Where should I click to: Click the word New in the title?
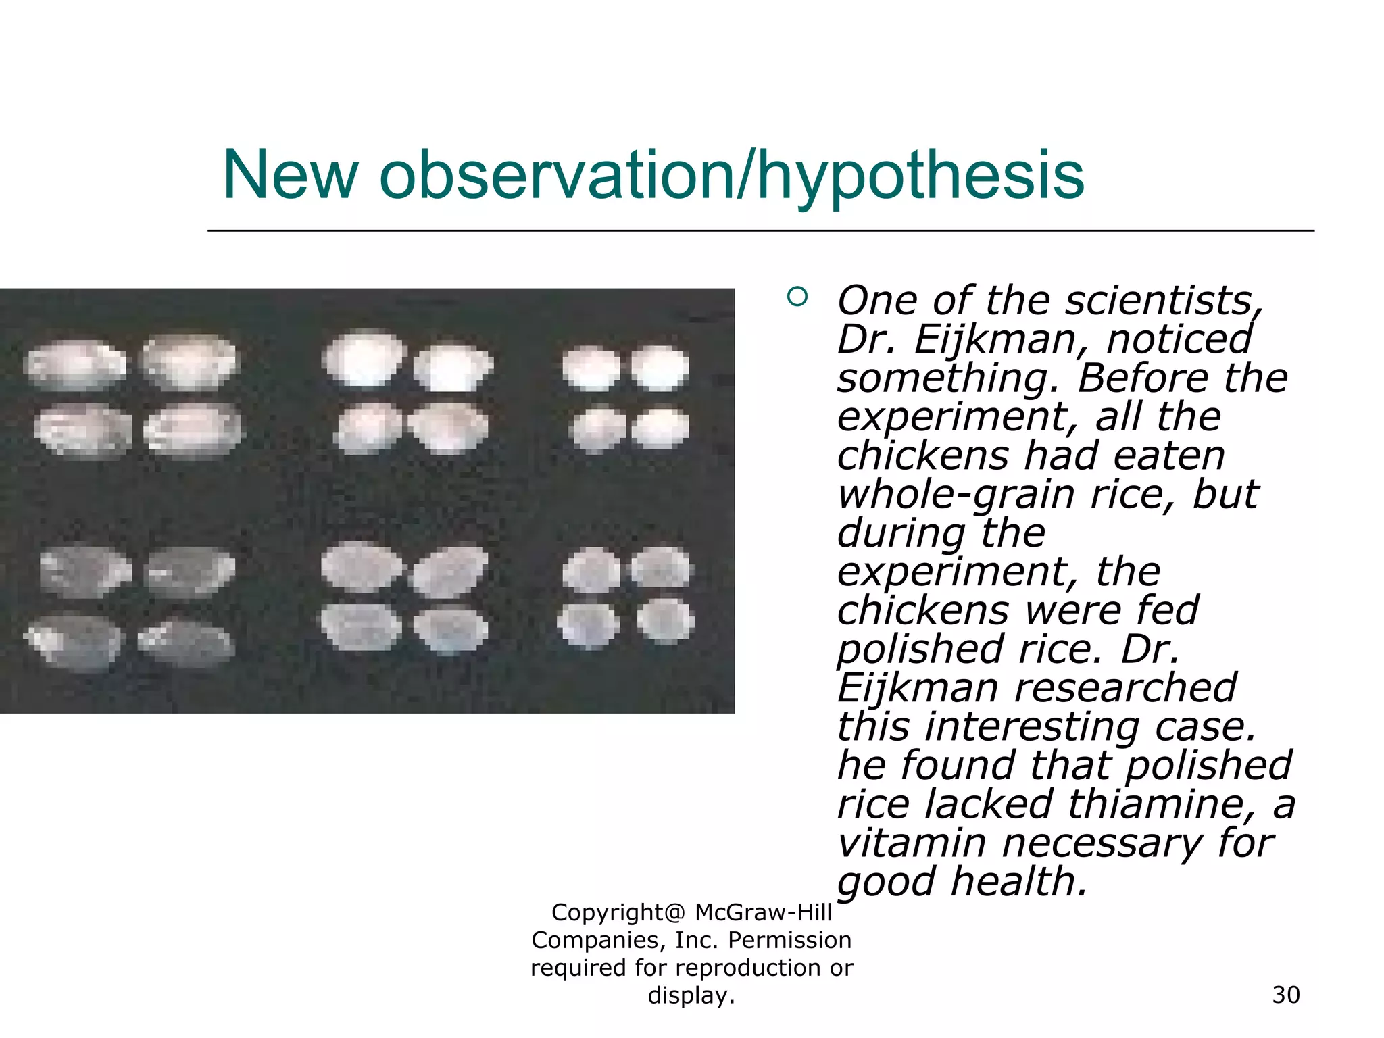click(x=291, y=175)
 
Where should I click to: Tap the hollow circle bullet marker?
click(x=797, y=297)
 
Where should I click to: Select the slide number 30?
click(x=1285, y=995)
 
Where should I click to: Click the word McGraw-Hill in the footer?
click(x=763, y=912)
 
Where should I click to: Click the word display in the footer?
click(x=689, y=995)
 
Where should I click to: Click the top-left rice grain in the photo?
click(x=74, y=366)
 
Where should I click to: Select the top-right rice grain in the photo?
click(x=660, y=368)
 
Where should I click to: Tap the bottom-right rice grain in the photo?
click(x=666, y=620)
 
